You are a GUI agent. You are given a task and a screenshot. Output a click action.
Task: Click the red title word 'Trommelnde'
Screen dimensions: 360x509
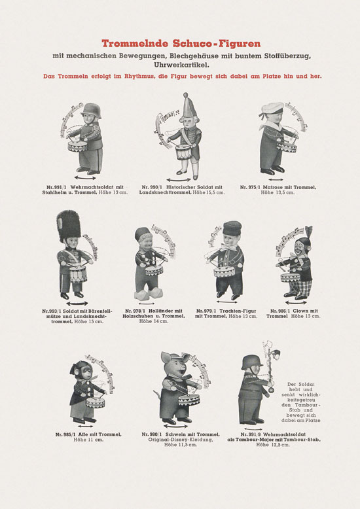[x=135, y=43]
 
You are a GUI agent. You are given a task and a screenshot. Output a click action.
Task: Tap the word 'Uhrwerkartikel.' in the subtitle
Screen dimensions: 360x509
[x=181, y=65]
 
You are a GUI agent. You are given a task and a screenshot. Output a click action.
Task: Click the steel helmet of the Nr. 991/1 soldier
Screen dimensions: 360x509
[x=91, y=110]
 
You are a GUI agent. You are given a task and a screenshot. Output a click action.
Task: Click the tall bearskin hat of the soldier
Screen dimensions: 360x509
[x=69, y=226]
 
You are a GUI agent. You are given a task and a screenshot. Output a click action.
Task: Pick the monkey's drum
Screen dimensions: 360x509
[x=95, y=402]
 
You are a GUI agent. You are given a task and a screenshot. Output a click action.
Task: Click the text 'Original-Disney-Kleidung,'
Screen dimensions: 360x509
[x=181, y=440]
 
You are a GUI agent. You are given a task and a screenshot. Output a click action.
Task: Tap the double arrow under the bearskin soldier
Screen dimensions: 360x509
[x=77, y=304]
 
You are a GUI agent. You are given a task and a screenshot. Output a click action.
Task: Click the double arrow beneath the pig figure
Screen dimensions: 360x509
[x=175, y=426]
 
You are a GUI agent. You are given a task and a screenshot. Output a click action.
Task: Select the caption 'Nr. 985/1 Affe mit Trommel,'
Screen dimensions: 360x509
[x=88, y=434]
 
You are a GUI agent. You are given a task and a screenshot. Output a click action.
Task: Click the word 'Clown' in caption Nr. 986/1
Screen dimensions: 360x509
[x=301, y=311]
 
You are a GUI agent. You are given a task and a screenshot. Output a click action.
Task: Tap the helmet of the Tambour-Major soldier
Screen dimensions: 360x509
[x=252, y=362]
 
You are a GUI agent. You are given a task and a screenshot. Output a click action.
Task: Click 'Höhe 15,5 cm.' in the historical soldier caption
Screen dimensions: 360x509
[x=208, y=192]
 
